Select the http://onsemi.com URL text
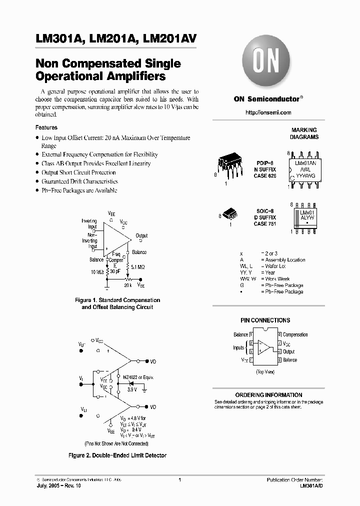[268, 112]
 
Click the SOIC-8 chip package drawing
[230, 214]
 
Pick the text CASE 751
[264, 224]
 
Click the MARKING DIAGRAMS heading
[304, 133]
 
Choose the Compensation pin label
[295, 335]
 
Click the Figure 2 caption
[117, 455]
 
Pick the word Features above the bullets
[46, 127]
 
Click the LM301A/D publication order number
[311, 486]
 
